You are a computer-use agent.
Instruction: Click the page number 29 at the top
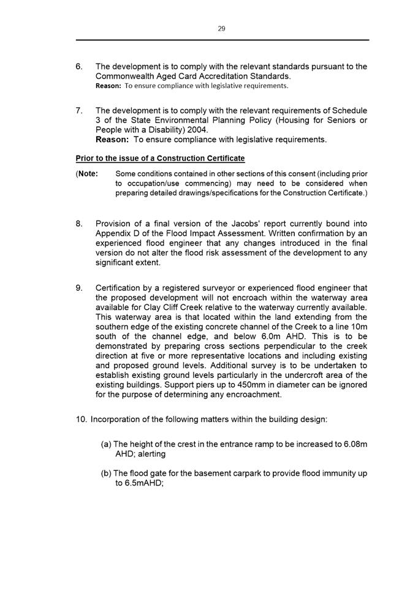click(x=221, y=28)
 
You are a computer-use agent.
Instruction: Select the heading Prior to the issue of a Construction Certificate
click(x=160, y=158)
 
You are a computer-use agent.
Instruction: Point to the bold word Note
click(x=88, y=173)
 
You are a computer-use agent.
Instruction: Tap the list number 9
click(x=80, y=287)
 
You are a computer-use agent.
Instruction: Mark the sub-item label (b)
click(x=106, y=473)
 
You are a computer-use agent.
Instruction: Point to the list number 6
click(x=80, y=66)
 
